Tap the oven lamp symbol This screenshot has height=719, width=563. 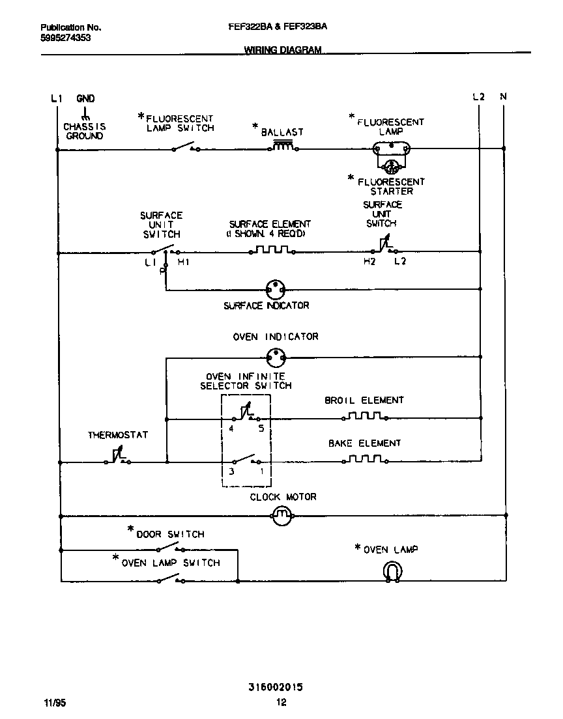(x=392, y=571)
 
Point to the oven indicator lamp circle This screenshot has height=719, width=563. (x=277, y=357)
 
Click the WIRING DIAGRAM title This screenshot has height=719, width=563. (x=283, y=50)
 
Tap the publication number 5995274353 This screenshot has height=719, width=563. (x=65, y=38)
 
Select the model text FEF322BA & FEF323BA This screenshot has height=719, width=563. (x=278, y=27)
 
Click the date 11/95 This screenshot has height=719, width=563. (x=55, y=703)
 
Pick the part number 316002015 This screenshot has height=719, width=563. (x=276, y=687)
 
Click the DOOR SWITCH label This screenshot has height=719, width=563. (x=169, y=535)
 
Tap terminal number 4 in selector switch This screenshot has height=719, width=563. (x=231, y=429)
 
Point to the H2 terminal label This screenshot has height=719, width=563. (x=370, y=262)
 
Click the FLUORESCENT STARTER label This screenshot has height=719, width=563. (x=391, y=186)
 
